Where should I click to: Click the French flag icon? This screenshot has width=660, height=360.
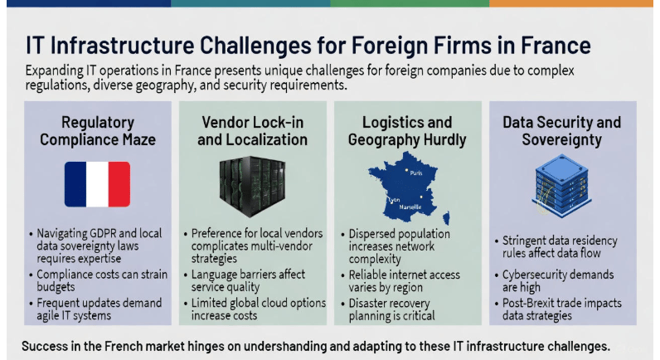pos(98,185)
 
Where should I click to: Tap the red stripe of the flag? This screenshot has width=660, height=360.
pos(119,185)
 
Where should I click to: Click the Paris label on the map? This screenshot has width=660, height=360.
pos(415,173)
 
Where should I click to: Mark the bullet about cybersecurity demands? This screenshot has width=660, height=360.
pos(561,280)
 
